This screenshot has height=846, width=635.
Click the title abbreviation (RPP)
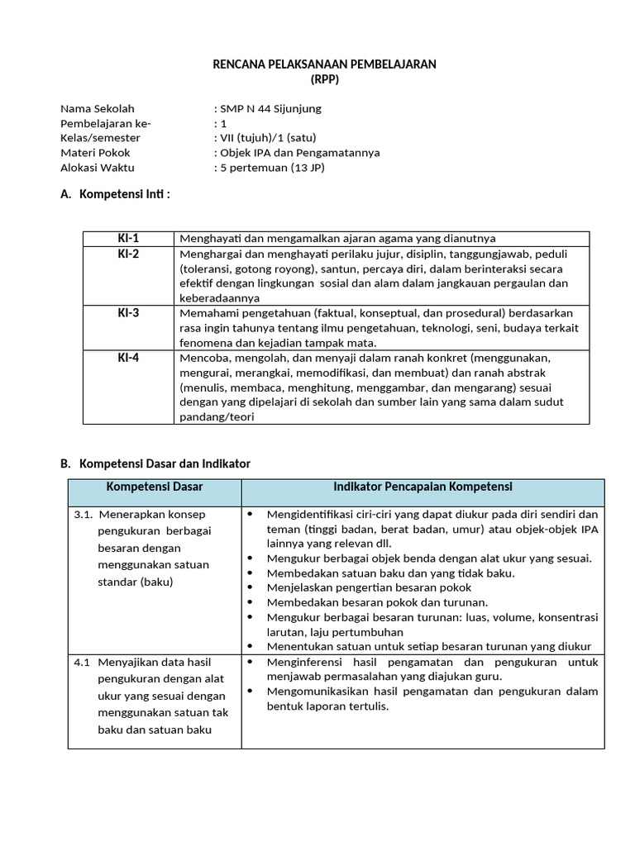324,79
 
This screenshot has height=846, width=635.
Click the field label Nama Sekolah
98,108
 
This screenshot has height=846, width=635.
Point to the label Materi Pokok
95,153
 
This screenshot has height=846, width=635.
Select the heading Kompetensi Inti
123,194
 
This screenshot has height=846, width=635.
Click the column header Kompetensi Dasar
155,487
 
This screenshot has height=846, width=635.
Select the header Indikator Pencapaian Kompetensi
422,487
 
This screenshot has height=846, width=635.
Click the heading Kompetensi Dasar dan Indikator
164,463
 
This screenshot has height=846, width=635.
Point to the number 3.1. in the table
84,514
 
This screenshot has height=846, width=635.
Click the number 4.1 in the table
82,663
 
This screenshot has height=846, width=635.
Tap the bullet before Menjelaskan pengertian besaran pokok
251,587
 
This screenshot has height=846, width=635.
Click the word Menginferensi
304,663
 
